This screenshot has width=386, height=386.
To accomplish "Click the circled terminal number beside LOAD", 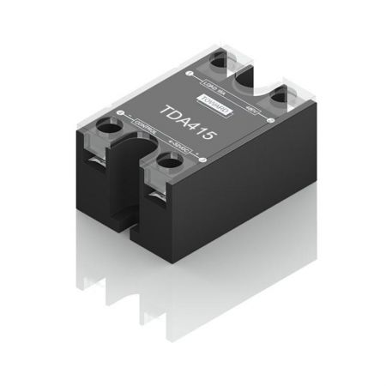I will point(185,74).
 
